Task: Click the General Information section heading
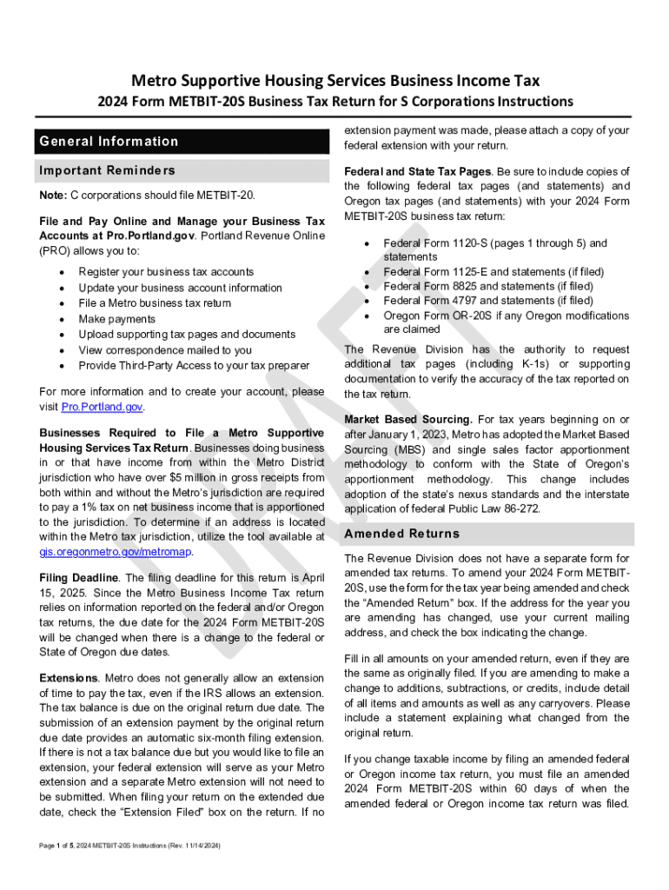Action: [x=109, y=142]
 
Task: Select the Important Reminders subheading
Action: [x=107, y=170]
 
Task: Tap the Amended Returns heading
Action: [x=401, y=534]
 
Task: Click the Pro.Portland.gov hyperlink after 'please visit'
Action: [x=102, y=407]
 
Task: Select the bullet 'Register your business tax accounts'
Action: [x=166, y=272]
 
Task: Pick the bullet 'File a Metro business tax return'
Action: [x=155, y=303]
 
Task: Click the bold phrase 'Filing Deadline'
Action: [x=79, y=578]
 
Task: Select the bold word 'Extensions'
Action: [x=70, y=677]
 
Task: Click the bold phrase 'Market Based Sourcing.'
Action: [x=408, y=420]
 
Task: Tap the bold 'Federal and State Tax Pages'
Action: [x=418, y=171]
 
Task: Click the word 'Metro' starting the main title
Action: [x=152, y=81]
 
